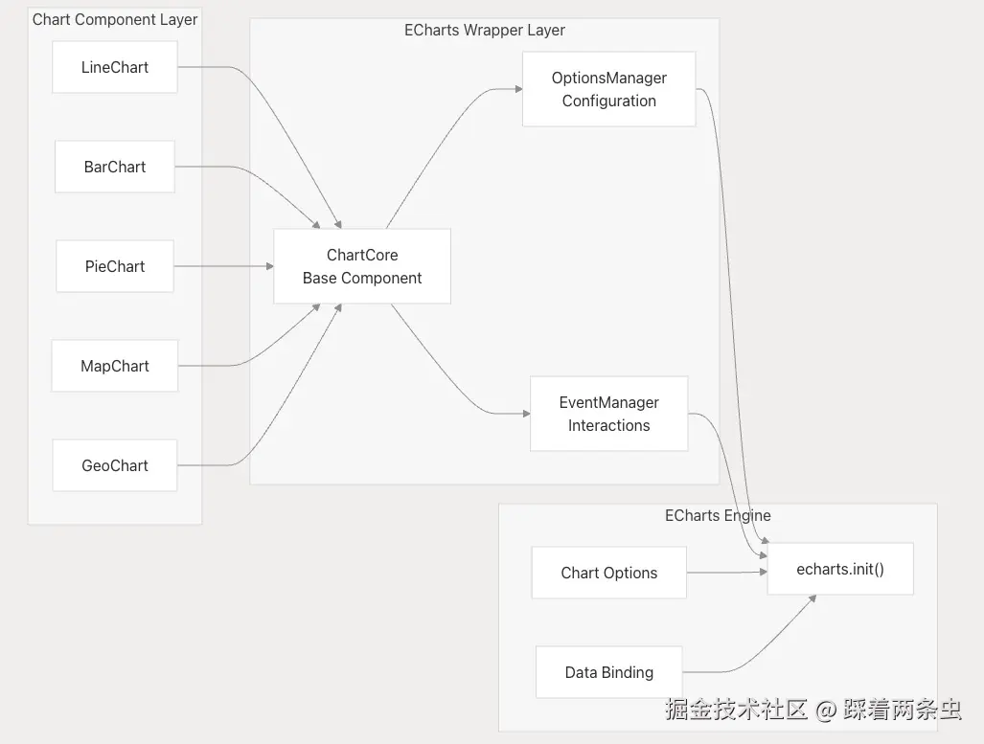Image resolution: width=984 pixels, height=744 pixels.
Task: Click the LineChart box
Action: pyautogui.click(x=115, y=67)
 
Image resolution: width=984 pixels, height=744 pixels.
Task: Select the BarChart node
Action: pyautogui.click(x=115, y=167)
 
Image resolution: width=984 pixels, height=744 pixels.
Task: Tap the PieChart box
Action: pyautogui.click(x=115, y=266)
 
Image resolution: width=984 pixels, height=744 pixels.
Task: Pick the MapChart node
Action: pyautogui.click(x=115, y=366)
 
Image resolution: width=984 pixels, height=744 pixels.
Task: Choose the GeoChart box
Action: pyautogui.click(x=115, y=465)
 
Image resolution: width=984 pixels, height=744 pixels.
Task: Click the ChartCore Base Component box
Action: pyautogui.click(x=362, y=266)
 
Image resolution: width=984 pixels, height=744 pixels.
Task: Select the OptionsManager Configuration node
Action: pyautogui.click(x=608, y=89)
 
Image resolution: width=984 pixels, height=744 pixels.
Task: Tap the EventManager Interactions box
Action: pyautogui.click(x=608, y=414)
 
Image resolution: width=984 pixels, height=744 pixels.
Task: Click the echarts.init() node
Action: pyautogui.click(x=840, y=569)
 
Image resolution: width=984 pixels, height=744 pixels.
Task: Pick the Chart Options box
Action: pyautogui.click(x=608, y=573)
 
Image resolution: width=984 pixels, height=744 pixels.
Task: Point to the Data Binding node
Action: pyautogui.click(x=608, y=672)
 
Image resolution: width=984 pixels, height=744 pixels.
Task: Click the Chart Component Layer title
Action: pyautogui.click(x=115, y=19)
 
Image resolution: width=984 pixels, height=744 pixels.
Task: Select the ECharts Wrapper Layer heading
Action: pyautogui.click(x=484, y=30)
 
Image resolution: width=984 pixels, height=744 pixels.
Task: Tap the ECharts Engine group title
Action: pyautogui.click(x=718, y=515)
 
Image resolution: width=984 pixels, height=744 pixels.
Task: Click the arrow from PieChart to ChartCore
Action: pyautogui.click(x=222, y=266)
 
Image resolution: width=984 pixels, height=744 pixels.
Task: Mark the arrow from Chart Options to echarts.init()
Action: pyautogui.click(x=726, y=573)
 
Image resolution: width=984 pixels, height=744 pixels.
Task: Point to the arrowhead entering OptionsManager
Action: pyautogui.click(x=518, y=89)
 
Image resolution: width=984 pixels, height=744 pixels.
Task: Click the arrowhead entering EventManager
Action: pyautogui.click(x=526, y=414)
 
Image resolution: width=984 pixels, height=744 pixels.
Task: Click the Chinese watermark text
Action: pyautogui.click(x=812, y=710)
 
